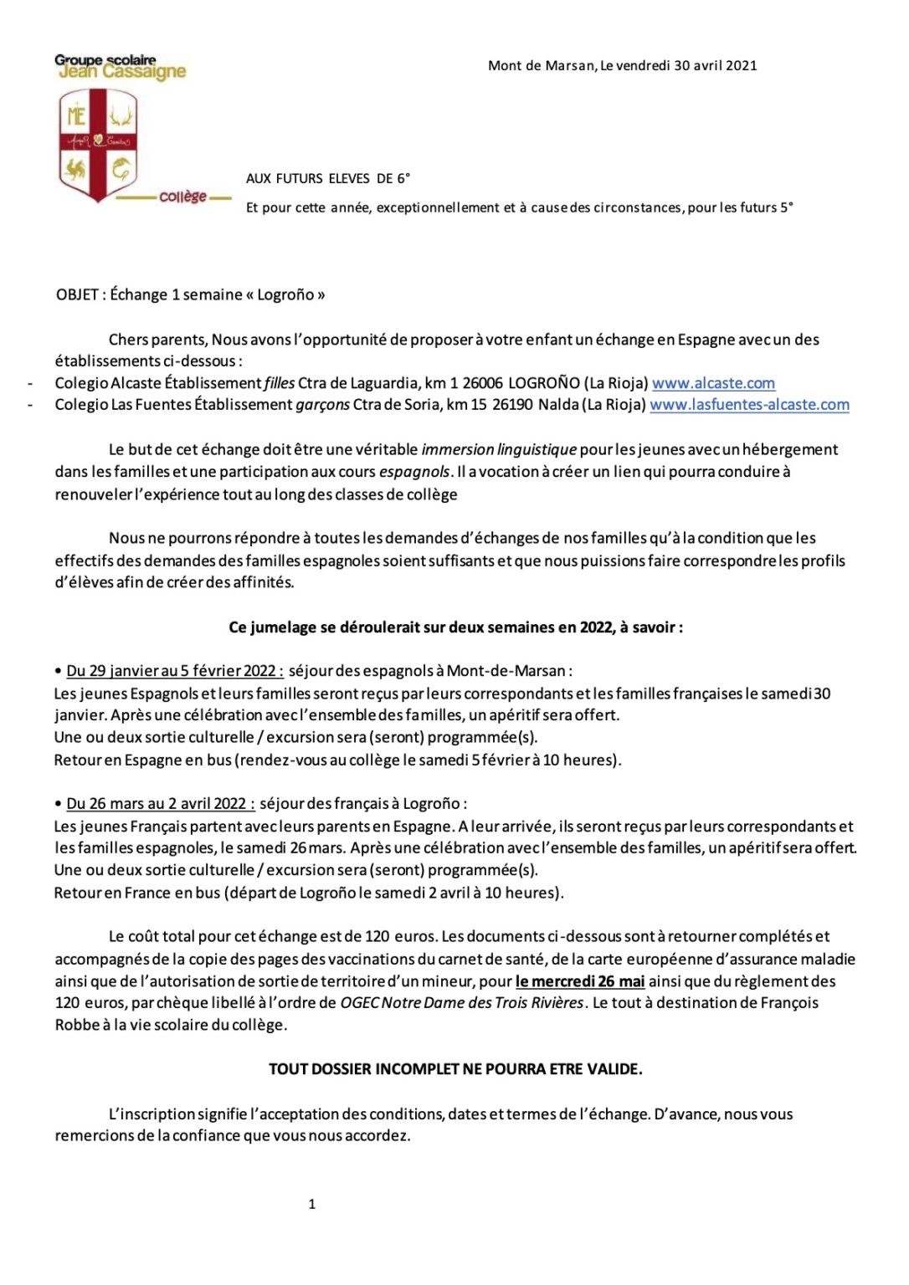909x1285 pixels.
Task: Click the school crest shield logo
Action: (x=98, y=145)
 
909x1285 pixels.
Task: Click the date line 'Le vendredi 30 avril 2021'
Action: (x=678, y=65)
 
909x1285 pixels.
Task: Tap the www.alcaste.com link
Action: (x=713, y=383)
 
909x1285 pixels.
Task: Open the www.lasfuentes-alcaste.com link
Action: (x=749, y=405)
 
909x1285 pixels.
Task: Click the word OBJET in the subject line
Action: (x=76, y=294)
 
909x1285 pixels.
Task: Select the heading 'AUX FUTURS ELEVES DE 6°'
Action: (x=327, y=178)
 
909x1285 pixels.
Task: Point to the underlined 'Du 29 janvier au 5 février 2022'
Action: (x=174, y=671)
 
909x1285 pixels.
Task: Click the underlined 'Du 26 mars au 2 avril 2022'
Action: (x=160, y=804)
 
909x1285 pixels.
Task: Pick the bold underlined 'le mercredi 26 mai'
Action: (x=579, y=981)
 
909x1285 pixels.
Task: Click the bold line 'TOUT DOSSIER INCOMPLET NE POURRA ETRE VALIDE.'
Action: (x=455, y=1069)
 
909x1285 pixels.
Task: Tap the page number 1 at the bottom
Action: (x=312, y=1205)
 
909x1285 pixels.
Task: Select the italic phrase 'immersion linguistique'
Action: (x=499, y=450)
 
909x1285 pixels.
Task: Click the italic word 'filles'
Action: (x=280, y=383)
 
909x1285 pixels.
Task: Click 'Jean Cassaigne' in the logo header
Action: (x=123, y=72)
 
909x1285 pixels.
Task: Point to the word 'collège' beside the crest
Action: (x=183, y=197)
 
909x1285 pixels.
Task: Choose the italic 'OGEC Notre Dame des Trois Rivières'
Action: (x=461, y=1003)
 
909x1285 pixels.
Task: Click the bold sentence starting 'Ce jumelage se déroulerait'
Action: (x=455, y=627)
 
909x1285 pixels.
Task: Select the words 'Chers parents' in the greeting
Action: (x=157, y=340)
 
